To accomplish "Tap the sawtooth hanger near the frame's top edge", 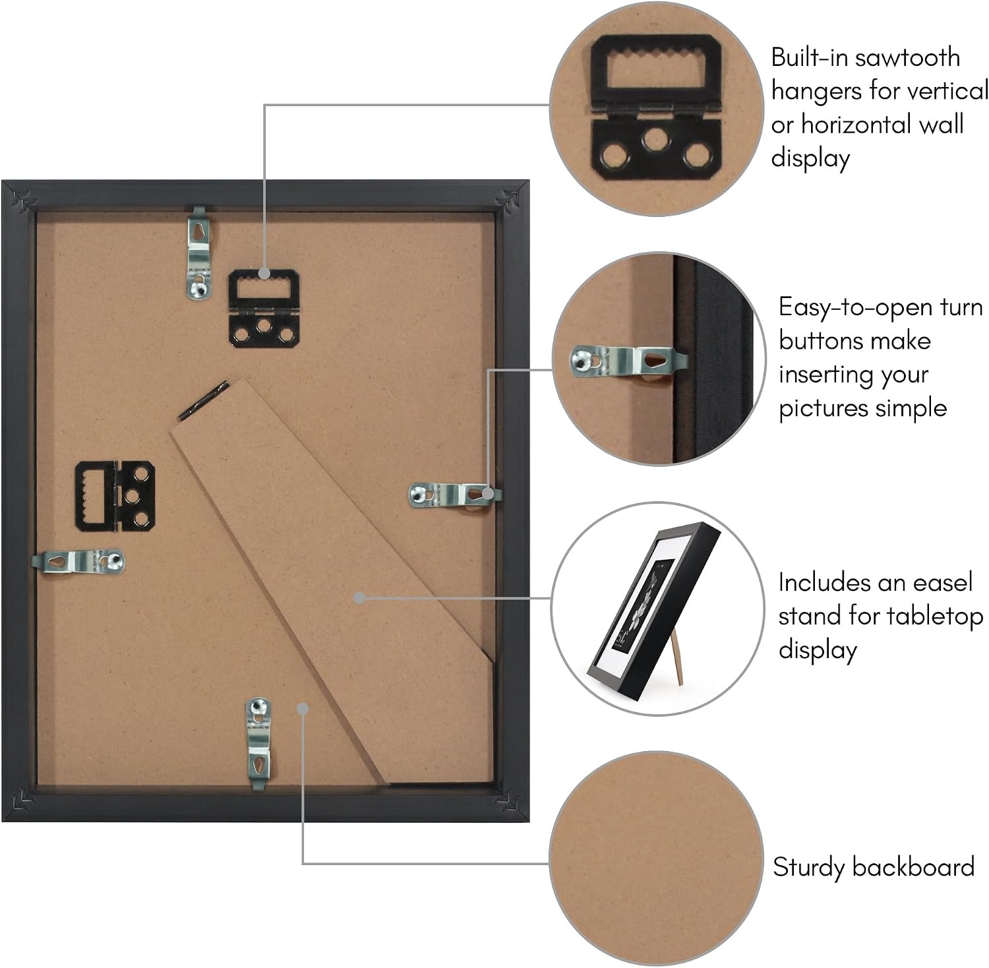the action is point(264,308).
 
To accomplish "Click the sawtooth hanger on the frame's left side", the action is point(115,496).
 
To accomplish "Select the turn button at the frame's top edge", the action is point(198,253).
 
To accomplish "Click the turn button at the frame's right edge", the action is point(454,495).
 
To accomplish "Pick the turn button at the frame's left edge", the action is point(78,562).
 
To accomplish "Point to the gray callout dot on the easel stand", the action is point(359,598).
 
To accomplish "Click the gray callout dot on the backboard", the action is point(303,709).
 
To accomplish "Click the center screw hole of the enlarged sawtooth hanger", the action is point(655,138).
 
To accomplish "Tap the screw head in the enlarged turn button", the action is point(582,359).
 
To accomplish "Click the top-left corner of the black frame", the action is point(3,181).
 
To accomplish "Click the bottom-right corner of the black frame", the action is point(529,822).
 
